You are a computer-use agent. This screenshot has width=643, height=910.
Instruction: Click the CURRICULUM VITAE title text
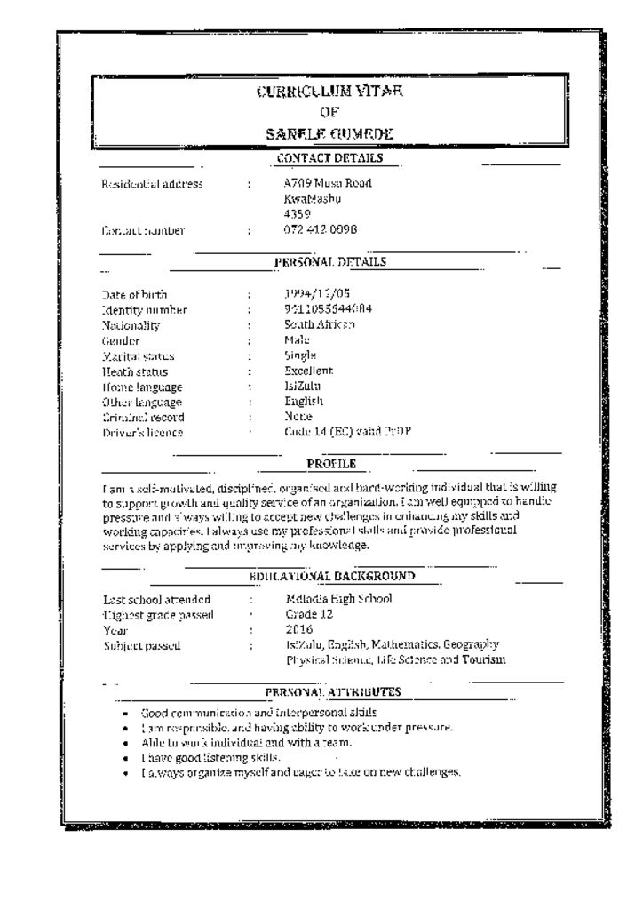(x=329, y=91)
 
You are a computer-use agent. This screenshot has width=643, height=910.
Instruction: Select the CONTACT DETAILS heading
(x=329, y=158)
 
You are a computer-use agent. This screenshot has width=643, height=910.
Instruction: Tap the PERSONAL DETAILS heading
(x=329, y=261)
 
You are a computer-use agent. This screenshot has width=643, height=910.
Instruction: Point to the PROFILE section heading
(x=331, y=463)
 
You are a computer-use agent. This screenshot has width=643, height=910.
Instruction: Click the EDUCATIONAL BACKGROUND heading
(x=332, y=577)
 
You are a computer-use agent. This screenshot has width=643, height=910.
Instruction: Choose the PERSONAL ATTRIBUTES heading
(x=333, y=691)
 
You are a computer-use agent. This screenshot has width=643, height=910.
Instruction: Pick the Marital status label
(x=138, y=356)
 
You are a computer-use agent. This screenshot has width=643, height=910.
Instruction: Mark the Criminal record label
(x=143, y=417)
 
